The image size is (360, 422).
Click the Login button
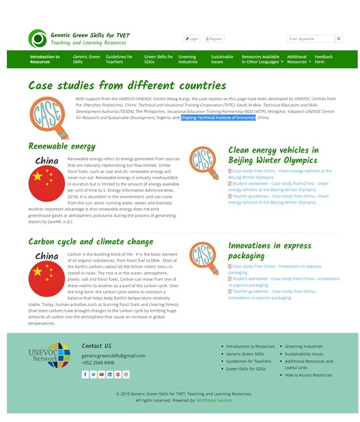[192, 39]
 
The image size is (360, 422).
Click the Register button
[214, 39]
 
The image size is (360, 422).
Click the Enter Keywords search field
[310, 39]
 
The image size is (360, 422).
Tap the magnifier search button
[339, 39]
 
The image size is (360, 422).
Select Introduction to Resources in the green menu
[45, 59]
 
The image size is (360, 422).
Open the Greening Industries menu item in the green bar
[188, 59]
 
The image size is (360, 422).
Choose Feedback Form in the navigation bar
[323, 59]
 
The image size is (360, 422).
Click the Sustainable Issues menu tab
[222, 59]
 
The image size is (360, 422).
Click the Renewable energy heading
[62, 146]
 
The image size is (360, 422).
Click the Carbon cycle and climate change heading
[90, 242]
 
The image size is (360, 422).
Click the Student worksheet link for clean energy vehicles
[279, 186]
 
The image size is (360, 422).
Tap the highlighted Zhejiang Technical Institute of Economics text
[218, 118]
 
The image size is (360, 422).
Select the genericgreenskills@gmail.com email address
[113, 356]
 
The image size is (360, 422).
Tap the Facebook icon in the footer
[85, 375]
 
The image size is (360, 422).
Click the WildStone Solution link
[214, 400]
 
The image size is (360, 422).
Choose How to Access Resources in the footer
[308, 375]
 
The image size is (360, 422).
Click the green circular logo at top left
[37, 39]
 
